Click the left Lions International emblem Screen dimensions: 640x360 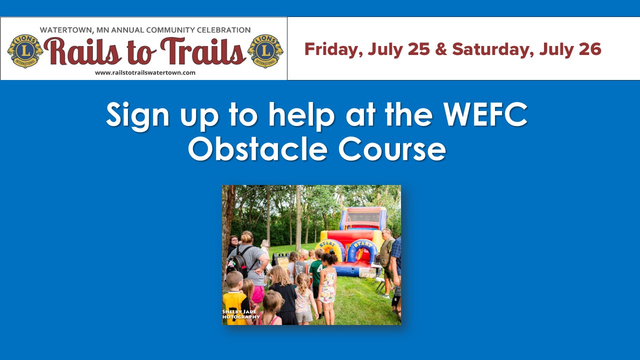pyautogui.click(x=25, y=51)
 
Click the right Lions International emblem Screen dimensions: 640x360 pyautogui.click(x=265, y=51)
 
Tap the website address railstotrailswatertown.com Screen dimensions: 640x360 pyautogui.click(x=145, y=72)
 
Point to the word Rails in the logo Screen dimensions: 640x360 pyautogui.click(x=82, y=51)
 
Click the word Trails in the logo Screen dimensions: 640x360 pyautogui.click(x=203, y=51)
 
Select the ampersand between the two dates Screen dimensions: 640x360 pyautogui.click(x=441, y=49)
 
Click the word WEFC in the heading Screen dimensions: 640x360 pyautogui.click(x=485, y=114)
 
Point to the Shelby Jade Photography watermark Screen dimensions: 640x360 pyautogui.click(x=241, y=314)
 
